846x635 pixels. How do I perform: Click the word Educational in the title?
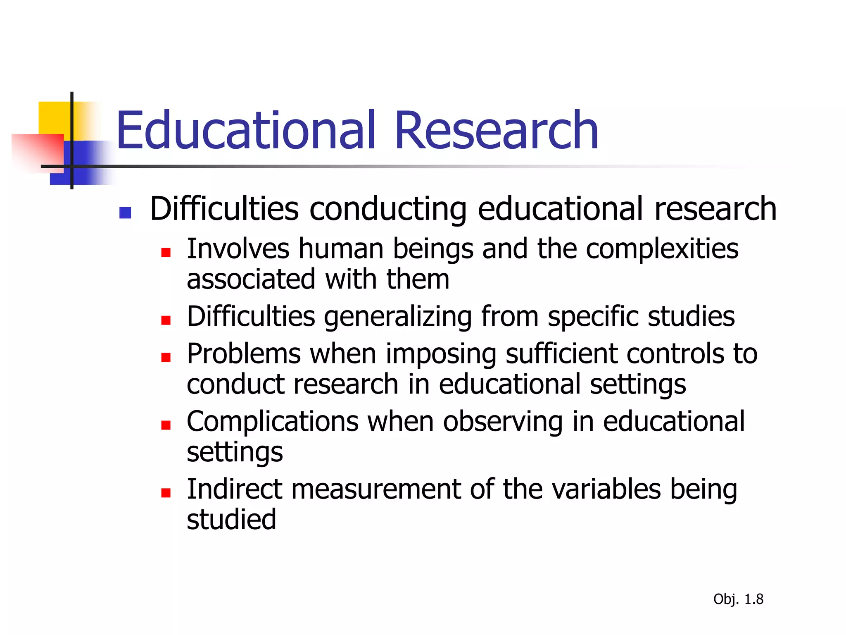click(x=246, y=131)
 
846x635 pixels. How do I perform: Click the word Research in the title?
click(x=496, y=131)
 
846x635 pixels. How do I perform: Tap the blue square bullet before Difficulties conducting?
click(x=125, y=212)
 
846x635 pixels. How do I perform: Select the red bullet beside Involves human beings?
click(x=166, y=253)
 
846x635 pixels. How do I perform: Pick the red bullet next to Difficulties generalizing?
click(x=166, y=320)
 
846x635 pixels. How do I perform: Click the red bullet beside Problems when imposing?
click(x=166, y=358)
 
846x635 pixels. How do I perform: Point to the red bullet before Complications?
click(x=166, y=425)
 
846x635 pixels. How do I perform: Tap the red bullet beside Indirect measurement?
click(x=166, y=492)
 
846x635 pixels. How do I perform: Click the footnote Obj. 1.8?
click(x=738, y=599)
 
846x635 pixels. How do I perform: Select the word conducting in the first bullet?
click(x=388, y=209)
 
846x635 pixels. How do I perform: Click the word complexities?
click(x=662, y=249)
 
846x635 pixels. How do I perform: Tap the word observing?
click(x=503, y=423)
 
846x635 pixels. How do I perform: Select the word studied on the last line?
click(x=231, y=519)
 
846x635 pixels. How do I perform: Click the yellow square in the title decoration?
click(x=54, y=118)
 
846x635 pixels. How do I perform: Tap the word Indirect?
click(x=234, y=489)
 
